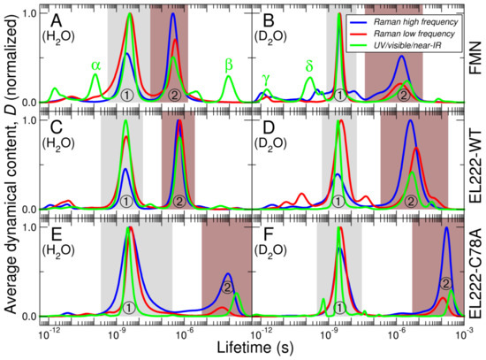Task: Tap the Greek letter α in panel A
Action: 96,64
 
